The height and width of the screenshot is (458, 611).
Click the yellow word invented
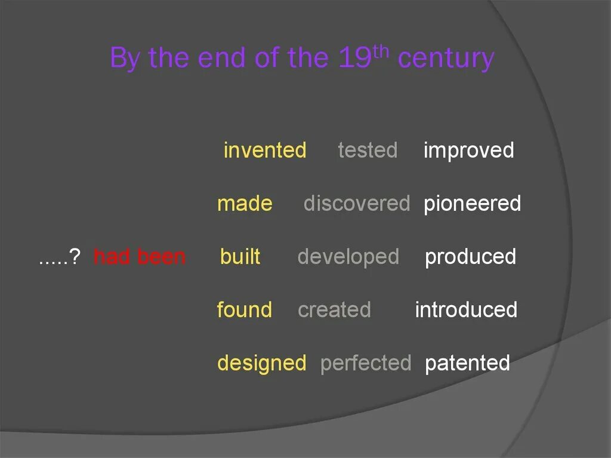[x=264, y=150]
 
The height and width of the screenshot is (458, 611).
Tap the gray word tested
[x=367, y=150]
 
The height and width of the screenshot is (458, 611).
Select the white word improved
[x=468, y=150]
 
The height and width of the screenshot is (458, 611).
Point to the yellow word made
[x=245, y=204]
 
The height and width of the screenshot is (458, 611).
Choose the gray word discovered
[x=356, y=204]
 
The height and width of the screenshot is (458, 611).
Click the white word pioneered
[x=472, y=204]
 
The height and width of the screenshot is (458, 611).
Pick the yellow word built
[x=240, y=257]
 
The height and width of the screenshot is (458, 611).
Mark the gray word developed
[x=348, y=257]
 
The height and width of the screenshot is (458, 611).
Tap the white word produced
[x=470, y=257]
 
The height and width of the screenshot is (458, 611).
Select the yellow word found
[x=244, y=310]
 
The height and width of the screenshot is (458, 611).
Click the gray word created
[x=334, y=310]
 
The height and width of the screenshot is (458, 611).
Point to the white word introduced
[x=466, y=310]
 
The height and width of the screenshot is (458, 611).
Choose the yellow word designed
[x=261, y=363]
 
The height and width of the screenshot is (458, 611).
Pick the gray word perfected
[x=366, y=363]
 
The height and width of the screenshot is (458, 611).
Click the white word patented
[x=467, y=363]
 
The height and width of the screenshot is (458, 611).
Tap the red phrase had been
[x=140, y=257]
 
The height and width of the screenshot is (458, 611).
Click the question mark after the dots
[x=75, y=257]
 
